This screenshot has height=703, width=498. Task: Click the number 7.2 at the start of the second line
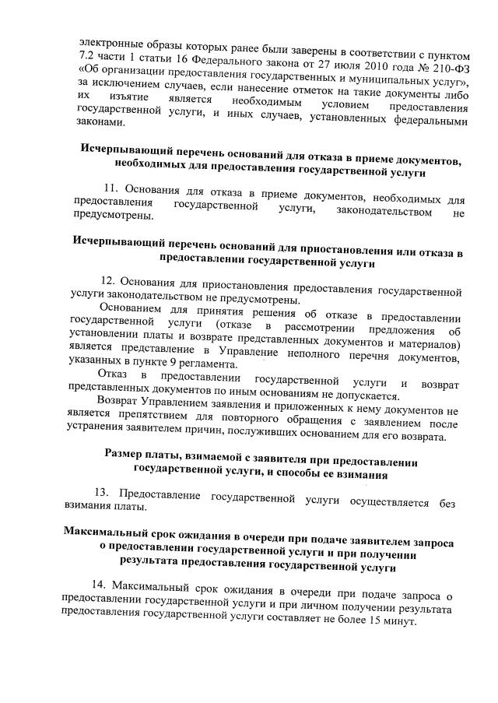(x=88, y=58)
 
